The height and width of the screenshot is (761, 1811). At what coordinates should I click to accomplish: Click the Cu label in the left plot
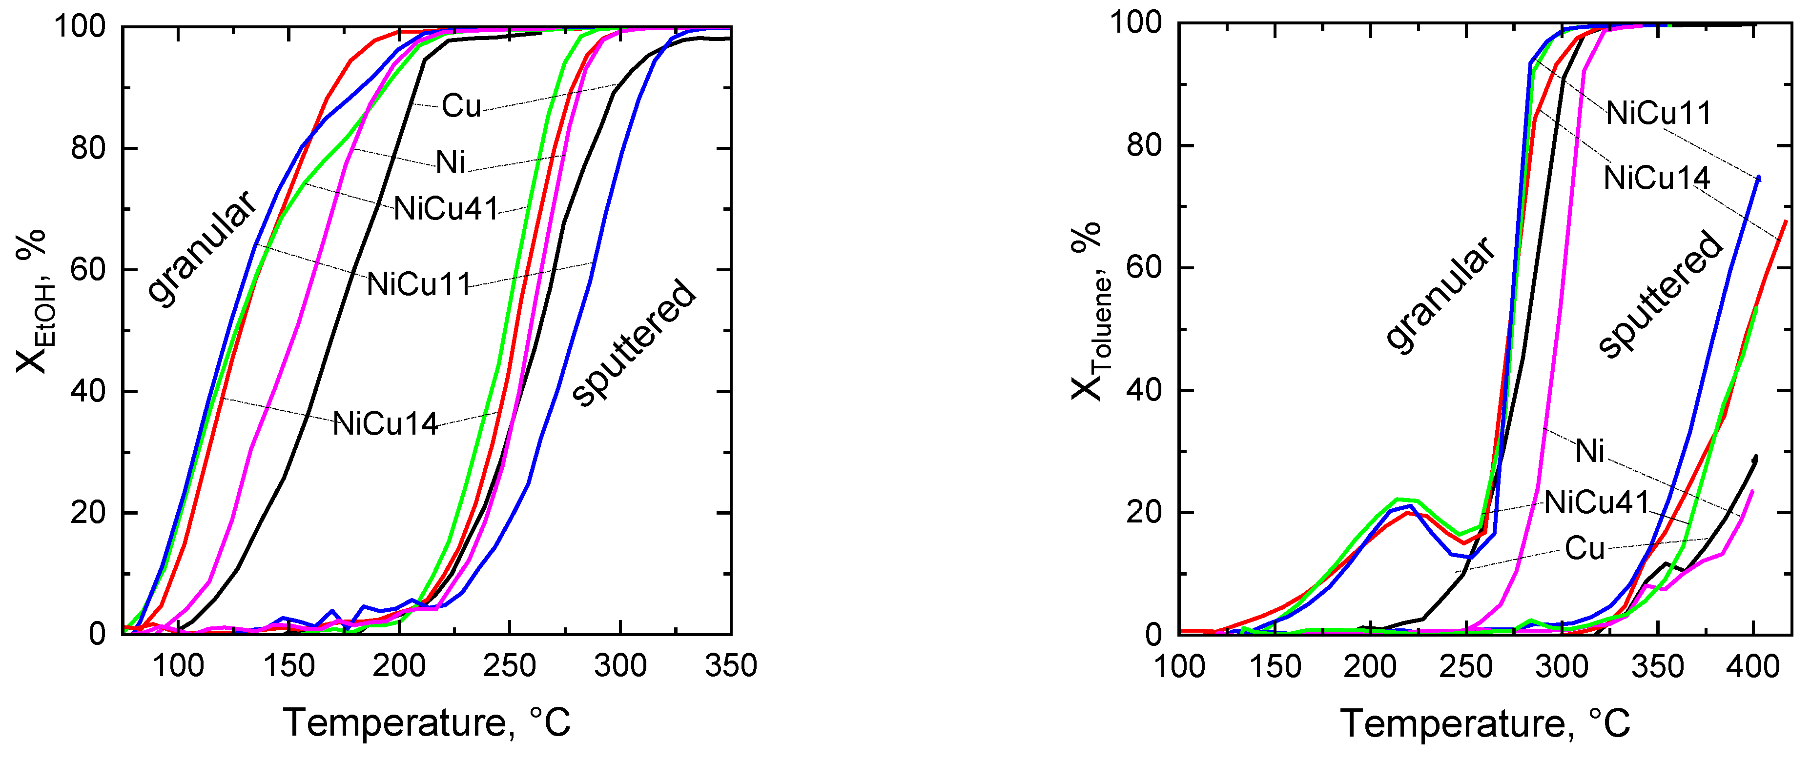pos(461,106)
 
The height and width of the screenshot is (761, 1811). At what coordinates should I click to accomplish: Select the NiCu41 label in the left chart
pos(446,209)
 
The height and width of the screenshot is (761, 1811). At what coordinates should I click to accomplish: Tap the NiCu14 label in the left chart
pos(385,424)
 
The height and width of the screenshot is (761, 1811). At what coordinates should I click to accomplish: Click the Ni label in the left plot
pos(451,162)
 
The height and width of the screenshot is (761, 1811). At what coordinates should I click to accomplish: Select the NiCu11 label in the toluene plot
pos(1658,113)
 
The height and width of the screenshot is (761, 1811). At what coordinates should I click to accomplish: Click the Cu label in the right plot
pos(1585,548)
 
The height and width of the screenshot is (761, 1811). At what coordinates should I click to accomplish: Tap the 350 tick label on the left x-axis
pos(730,665)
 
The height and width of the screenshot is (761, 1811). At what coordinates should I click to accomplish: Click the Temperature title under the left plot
pos(427,723)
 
